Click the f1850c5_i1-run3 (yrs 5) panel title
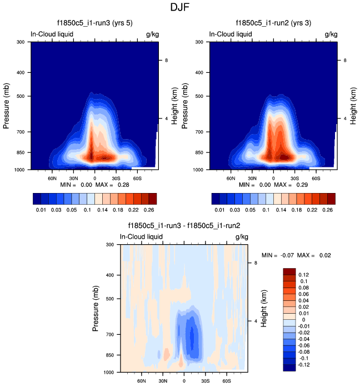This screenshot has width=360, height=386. (x=94, y=24)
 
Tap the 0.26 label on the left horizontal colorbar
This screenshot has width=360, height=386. (x=149, y=210)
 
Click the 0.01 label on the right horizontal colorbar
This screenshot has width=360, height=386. (x=219, y=210)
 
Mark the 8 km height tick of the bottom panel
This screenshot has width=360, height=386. (x=256, y=263)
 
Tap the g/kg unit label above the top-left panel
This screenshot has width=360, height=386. (x=152, y=34)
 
